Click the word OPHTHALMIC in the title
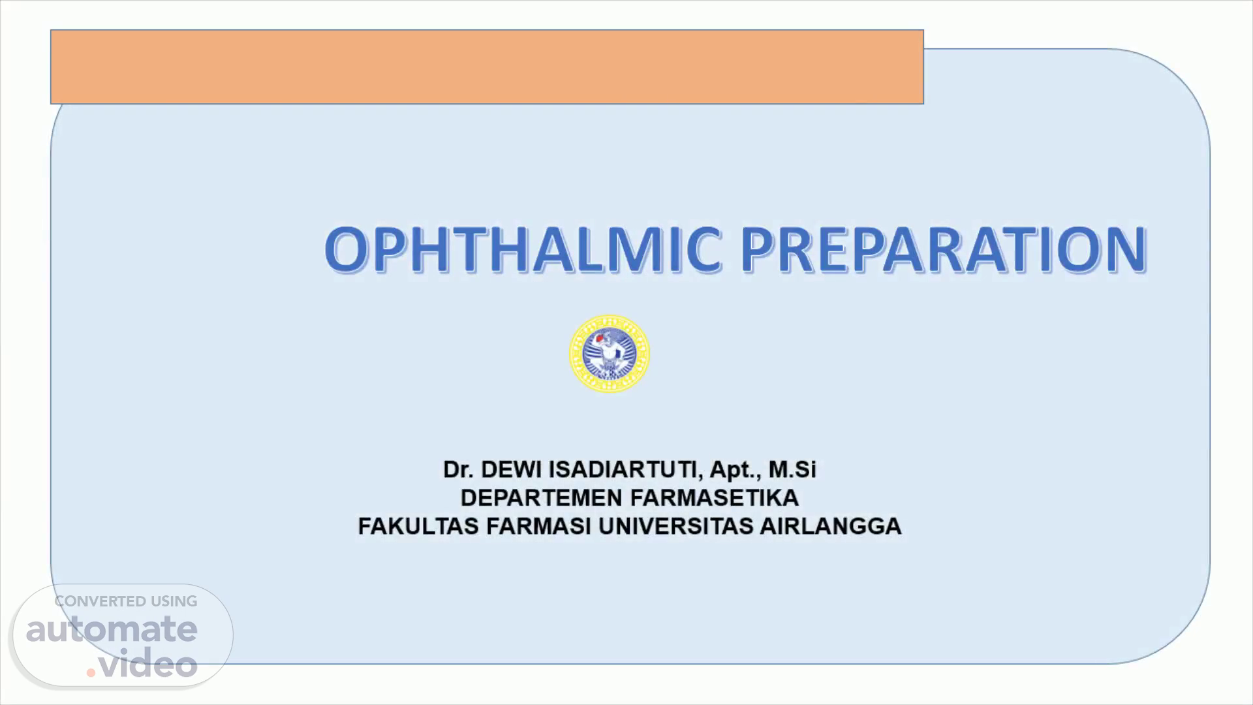click(523, 249)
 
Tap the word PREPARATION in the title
click(944, 249)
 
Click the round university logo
click(610, 354)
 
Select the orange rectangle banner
click(487, 67)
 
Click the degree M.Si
click(792, 469)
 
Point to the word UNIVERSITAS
click(675, 526)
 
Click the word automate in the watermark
click(112, 629)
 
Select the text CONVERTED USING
click(126, 601)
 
